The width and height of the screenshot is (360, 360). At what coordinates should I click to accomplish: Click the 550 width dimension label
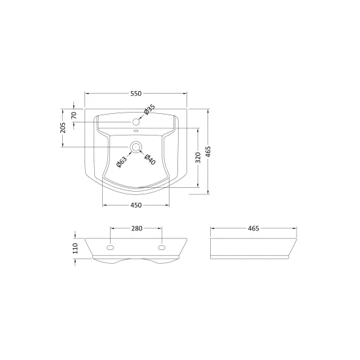136,94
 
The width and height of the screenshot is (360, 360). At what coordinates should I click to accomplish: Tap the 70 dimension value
74,115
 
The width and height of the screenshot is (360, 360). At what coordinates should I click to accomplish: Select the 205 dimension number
63,128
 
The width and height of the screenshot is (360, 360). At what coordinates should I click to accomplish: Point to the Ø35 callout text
149,109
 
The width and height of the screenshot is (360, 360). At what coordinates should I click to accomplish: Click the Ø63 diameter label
122,162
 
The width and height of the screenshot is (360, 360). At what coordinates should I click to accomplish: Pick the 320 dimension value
198,158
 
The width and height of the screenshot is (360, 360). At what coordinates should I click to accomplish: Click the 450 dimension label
136,205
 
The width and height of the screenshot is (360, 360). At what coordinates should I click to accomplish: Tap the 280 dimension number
137,228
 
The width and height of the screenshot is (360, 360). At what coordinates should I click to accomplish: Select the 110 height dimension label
75,249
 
